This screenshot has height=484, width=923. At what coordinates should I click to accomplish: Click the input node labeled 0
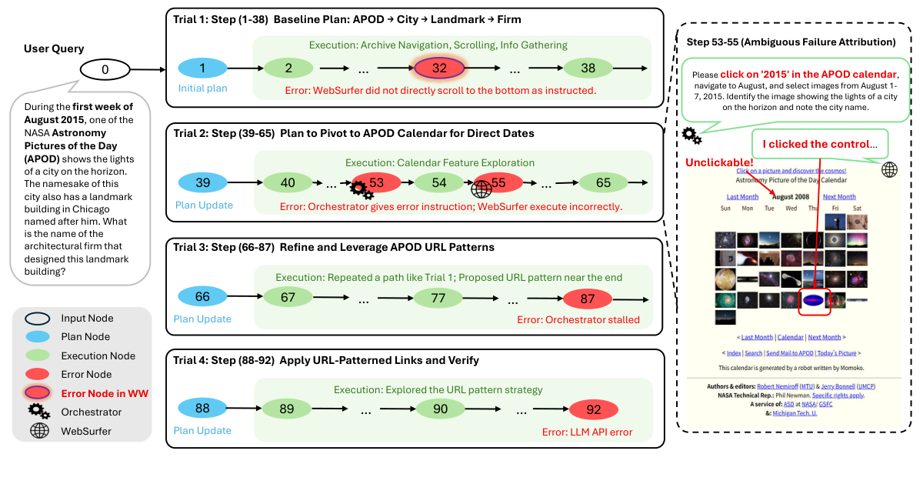[105, 70]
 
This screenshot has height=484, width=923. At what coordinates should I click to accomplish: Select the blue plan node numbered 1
[203, 68]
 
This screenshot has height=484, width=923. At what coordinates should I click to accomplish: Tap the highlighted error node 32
[439, 68]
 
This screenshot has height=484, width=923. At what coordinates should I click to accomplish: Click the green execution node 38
[588, 68]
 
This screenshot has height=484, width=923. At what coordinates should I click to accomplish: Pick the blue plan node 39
[203, 183]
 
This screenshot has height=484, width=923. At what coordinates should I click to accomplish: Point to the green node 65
[604, 183]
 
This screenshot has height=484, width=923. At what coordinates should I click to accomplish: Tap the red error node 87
[588, 298]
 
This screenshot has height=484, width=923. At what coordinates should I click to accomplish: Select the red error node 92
[594, 409]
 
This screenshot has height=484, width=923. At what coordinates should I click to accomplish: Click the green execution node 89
[287, 409]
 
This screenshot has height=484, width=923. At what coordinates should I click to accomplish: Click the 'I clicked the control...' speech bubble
[818, 144]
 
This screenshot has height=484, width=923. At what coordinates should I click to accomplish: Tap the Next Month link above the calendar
[838, 197]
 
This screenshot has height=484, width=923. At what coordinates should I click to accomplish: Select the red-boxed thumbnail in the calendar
[815, 299]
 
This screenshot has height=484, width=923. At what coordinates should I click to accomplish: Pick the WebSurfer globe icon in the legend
[38, 430]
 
